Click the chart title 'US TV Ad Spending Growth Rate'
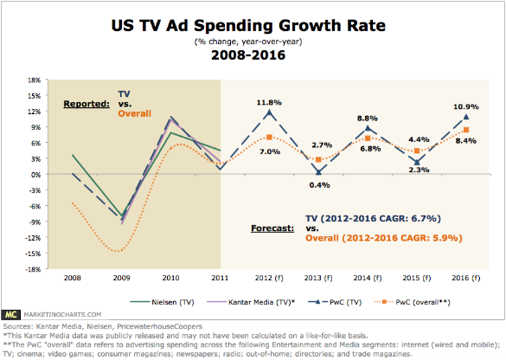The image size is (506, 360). (x=248, y=26)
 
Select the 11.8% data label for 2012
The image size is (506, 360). (x=269, y=103)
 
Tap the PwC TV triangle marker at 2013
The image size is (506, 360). (x=318, y=171)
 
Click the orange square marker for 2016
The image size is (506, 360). (x=466, y=130)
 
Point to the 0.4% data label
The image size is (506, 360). (x=319, y=185)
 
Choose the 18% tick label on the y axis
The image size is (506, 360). (x=34, y=80)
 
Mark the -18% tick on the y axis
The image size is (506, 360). (x=33, y=269)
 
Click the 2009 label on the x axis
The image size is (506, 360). (x=121, y=278)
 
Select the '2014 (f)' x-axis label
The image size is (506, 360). (x=368, y=278)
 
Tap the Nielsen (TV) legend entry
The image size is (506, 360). (x=162, y=302)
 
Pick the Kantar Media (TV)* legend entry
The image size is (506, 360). (x=251, y=302)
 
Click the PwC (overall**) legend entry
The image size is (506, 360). (x=412, y=302)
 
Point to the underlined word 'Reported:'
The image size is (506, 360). (x=86, y=104)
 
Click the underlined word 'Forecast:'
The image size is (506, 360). (x=272, y=228)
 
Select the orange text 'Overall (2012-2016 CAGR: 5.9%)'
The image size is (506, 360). (x=384, y=238)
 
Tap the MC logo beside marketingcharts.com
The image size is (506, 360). (x=10, y=314)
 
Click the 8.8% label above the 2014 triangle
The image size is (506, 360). (x=368, y=119)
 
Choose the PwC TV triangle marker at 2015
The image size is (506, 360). (x=417, y=162)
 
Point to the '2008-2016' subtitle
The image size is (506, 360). (x=248, y=55)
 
